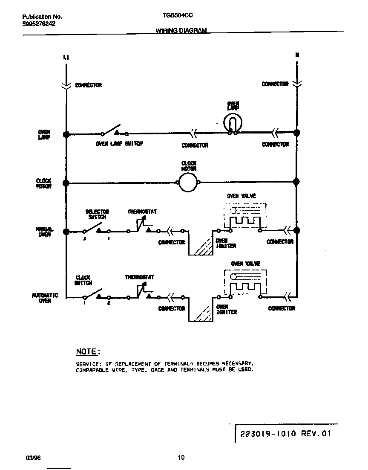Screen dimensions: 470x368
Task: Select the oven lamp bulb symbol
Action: (x=233, y=122)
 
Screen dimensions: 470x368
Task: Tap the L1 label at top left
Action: (x=66, y=57)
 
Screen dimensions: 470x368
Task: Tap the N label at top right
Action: (x=297, y=55)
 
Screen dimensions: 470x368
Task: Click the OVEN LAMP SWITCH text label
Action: (x=119, y=144)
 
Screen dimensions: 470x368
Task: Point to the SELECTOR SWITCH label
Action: (x=97, y=214)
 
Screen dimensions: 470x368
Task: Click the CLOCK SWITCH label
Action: (x=83, y=280)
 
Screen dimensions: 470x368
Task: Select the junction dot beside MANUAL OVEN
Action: (x=66, y=232)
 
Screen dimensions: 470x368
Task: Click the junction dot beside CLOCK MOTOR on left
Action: (x=66, y=183)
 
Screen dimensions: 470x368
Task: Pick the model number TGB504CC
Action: (x=178, y=16)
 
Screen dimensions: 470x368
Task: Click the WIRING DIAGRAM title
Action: (x=181, y=31)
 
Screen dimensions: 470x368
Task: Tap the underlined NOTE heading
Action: (x=87, y=351)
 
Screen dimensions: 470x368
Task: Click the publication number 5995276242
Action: (x=39, y=24)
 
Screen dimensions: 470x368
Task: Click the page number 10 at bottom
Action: (x=181, y=458)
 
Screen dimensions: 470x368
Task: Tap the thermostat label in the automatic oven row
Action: (x=139, y=277)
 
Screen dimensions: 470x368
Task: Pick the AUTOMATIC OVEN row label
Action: (x=45, y=298)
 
